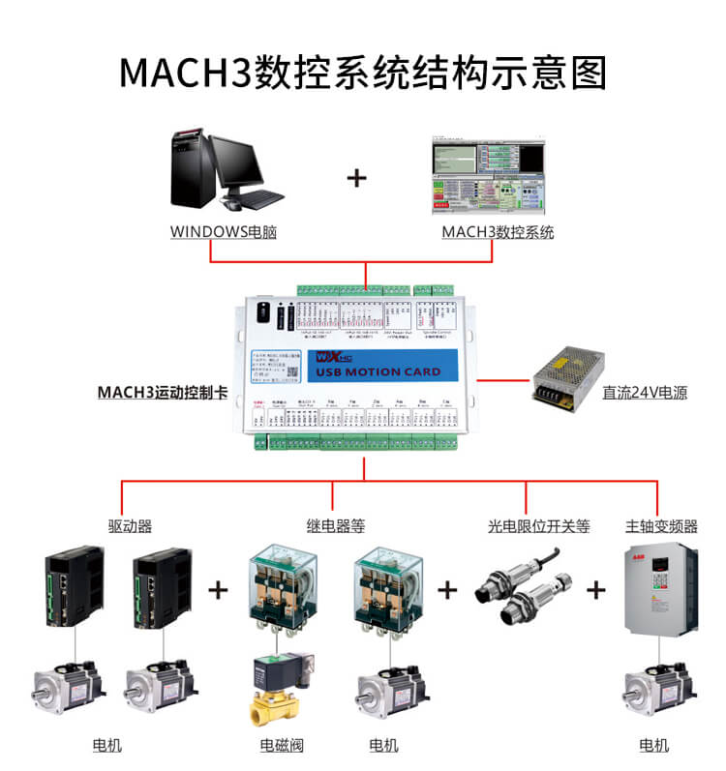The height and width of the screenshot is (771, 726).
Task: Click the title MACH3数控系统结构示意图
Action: point(362,73)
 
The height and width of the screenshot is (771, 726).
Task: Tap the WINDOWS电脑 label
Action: point(223,232)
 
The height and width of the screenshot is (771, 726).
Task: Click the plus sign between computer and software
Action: point(357,178)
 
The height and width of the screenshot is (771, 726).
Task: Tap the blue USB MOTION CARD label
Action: point(378,371)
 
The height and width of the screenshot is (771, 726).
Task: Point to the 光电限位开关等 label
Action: point(538,526)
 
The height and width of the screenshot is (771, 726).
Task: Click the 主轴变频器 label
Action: point(660,526)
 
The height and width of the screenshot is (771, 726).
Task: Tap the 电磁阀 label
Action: point(282,745)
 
